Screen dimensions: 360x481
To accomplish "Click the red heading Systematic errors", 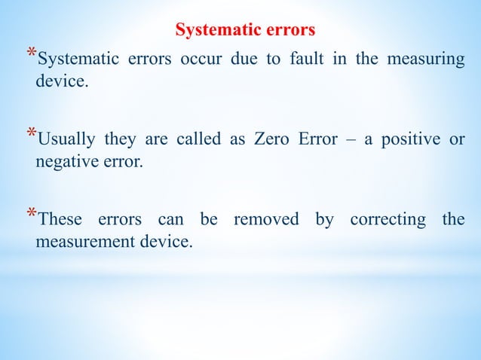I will pyautogui.click(x=246, y=31).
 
